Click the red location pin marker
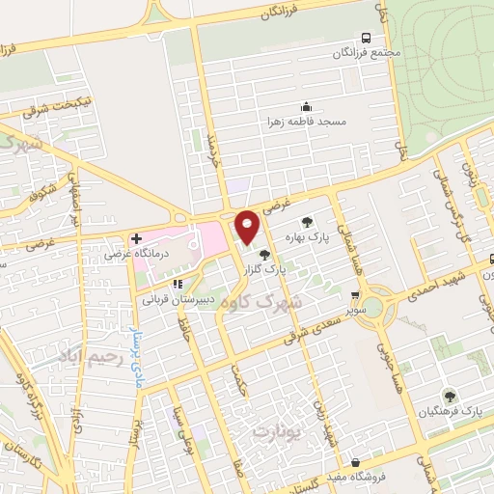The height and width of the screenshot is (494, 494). pyautogui.click(x=248, y=227)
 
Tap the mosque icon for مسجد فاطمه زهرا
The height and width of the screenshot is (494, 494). pyautogui.click(x=305, y=106)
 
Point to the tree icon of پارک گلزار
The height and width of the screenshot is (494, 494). pyautogui.click(x=265, y=254)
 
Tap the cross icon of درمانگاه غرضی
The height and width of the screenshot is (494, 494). pyautogui.click(x=137, y=238)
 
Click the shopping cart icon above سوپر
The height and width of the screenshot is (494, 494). pyautogui.click(x=355, y=296)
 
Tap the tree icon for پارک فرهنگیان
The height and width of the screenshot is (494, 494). pyautogui.click(x=449, y=396)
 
